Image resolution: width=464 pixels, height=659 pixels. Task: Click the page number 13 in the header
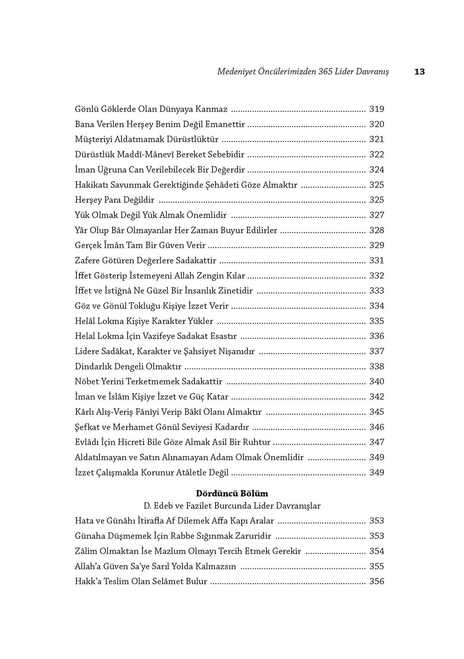point(419,72)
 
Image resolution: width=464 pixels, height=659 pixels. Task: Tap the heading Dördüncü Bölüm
point(232,493)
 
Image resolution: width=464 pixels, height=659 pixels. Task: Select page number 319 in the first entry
point(377,109)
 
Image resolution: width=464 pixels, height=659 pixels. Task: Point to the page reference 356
point(377,581)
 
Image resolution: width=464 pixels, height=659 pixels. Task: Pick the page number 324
point(377,170)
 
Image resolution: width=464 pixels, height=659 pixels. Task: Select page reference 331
point(377,261)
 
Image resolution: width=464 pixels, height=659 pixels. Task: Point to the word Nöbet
point(86,382)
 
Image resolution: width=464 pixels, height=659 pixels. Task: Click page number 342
point(377,397)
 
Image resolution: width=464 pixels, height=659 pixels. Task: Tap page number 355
point(377,567)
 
